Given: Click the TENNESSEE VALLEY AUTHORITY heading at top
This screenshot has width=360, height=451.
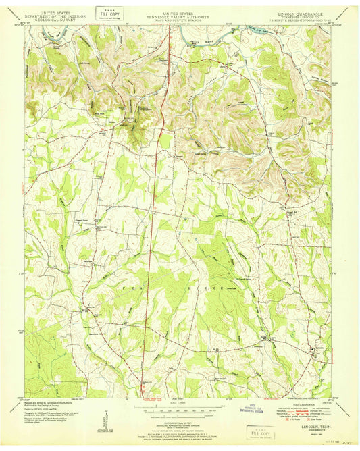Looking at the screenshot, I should click(180, 13).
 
